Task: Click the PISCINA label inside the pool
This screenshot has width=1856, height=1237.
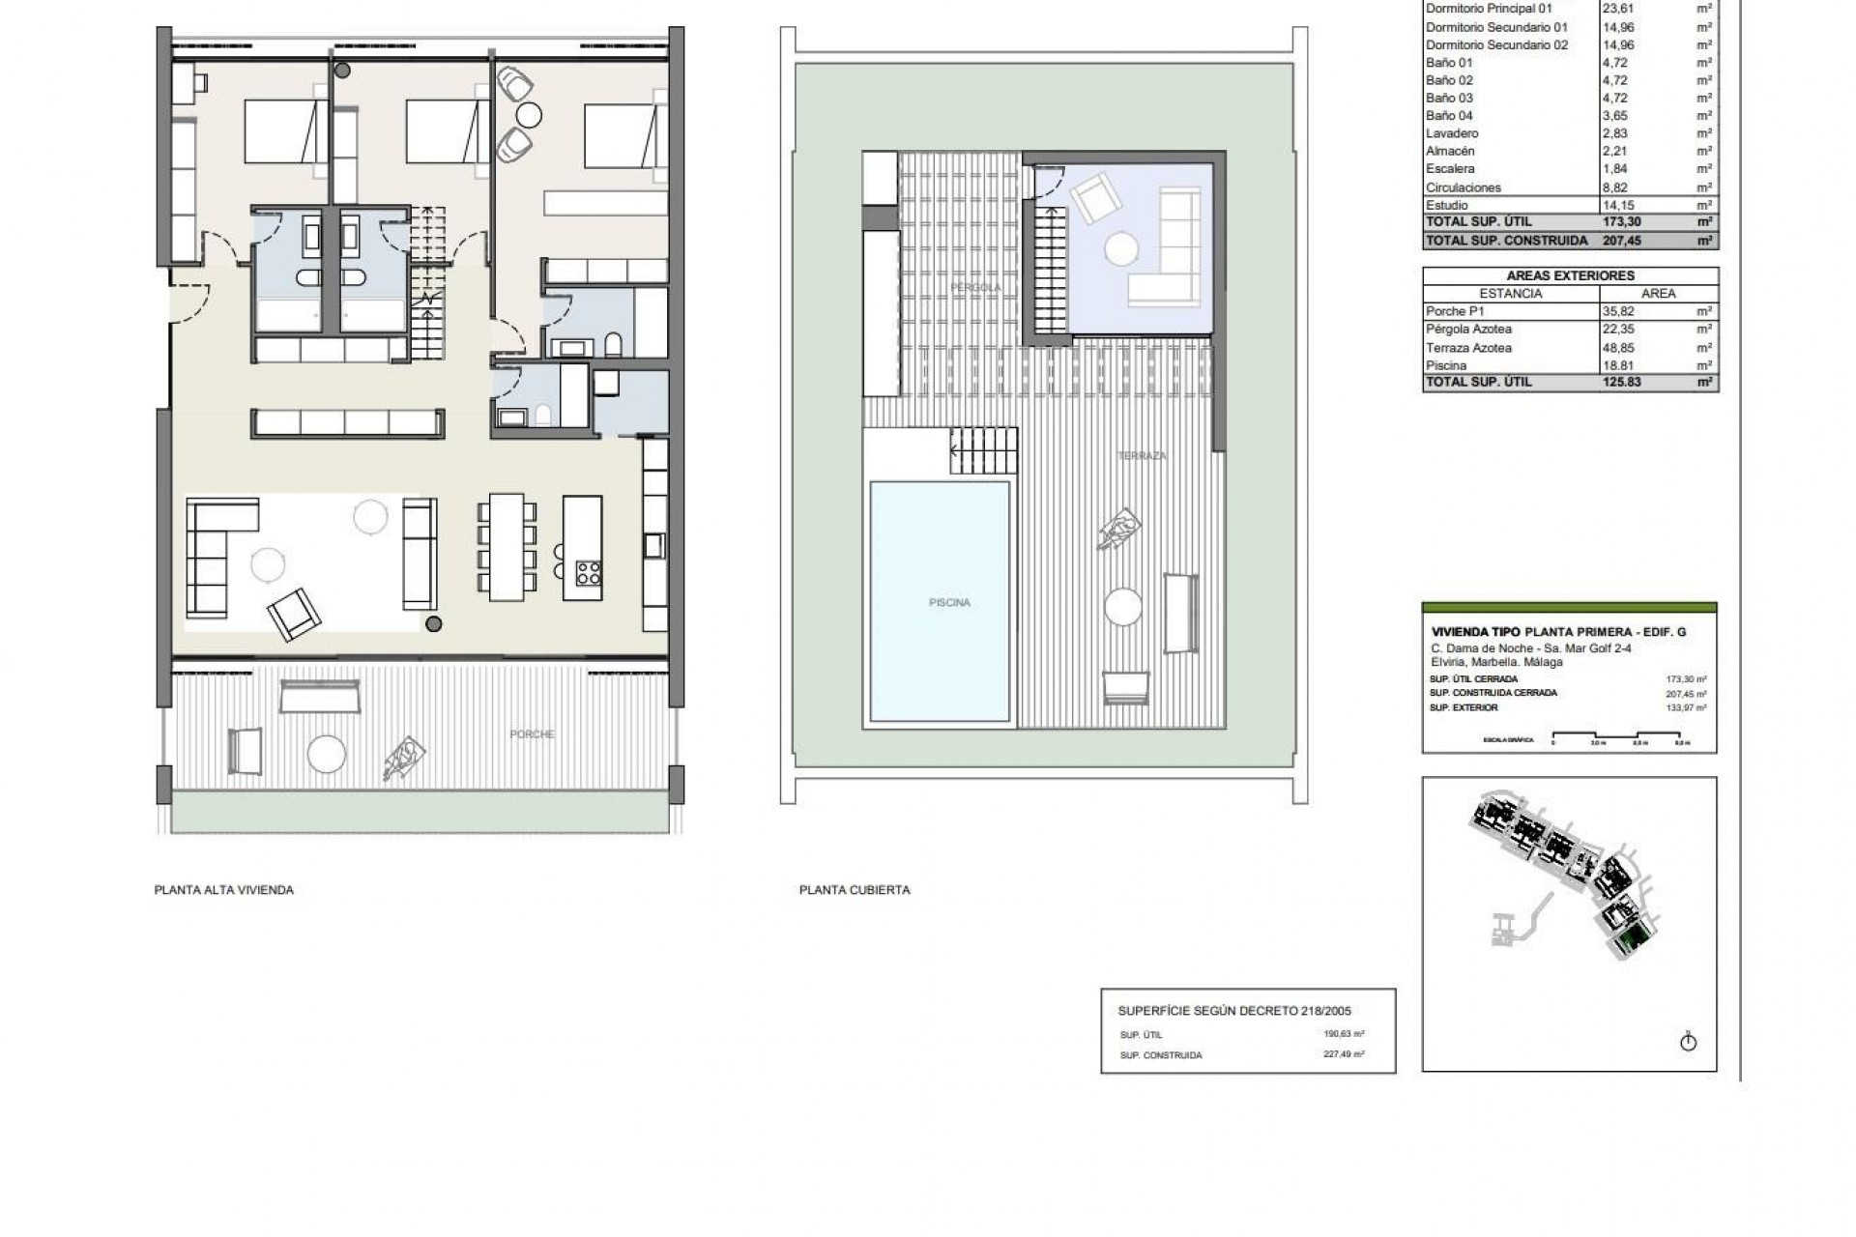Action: pos(948,603)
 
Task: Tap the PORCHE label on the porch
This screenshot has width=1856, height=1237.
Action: pos(532,734)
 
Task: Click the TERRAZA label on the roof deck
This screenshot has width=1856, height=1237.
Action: pos(1142,455)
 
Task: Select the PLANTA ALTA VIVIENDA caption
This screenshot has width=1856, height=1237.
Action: pos(223,890)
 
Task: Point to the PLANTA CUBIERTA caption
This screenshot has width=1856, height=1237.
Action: pos(854,890)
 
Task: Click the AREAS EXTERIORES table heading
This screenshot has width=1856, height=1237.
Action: pos(1570,275)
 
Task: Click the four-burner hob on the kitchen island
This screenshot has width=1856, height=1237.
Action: pos(588,572)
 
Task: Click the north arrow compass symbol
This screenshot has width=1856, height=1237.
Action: pos(1688,1042)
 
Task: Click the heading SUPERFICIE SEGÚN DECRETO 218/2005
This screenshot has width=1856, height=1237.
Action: pos(1234,1011)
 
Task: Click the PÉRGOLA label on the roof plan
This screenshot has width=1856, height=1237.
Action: pos(975,288)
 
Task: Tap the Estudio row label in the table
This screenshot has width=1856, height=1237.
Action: pos(1446,205)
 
